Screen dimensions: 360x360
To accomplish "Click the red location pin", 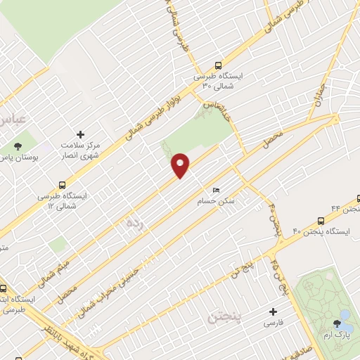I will pos(181,165).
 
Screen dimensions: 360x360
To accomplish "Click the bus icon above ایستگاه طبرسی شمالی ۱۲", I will pos(44,185).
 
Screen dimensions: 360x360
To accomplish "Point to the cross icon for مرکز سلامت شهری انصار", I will pos(80,134).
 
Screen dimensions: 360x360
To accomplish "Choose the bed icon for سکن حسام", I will pos(216,191).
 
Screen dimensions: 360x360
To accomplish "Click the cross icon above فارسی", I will pos(273,311).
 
